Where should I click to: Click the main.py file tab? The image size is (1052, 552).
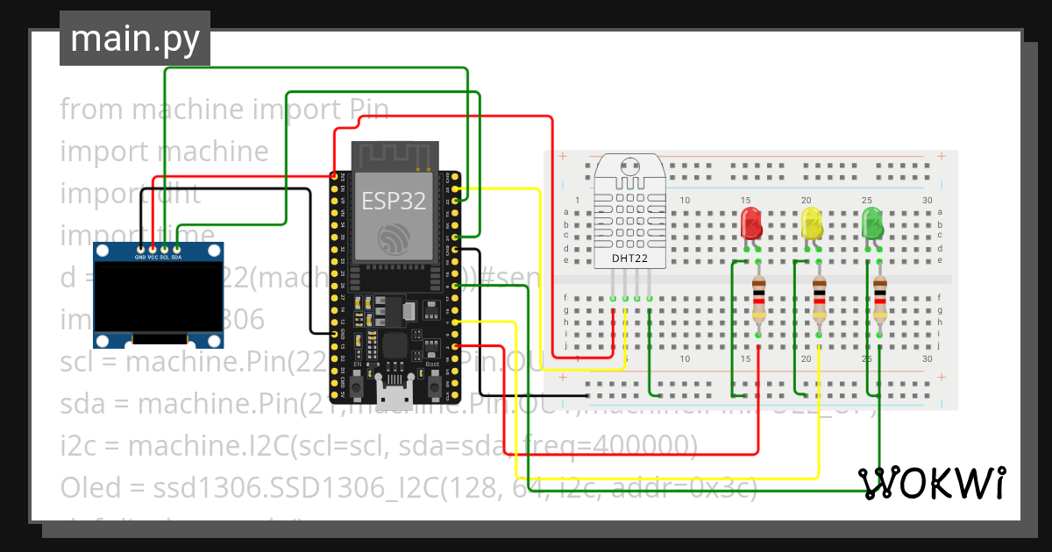(x=134, y=39)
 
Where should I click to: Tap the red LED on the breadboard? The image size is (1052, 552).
(x=751, y=223)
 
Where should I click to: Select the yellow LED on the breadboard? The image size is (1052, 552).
(x=812, y=223)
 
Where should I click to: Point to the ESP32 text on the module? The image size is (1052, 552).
(x=394, y=201)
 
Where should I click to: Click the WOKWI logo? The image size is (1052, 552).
(x=931, y=483)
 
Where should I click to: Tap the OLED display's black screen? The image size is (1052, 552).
(x=159, y=298)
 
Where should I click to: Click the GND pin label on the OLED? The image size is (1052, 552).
(x=140, y=258)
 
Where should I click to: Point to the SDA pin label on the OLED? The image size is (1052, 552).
(x=177, y=258)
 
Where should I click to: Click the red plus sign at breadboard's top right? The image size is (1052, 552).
(x=942, y=157)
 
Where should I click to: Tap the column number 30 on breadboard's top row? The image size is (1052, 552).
(x=927, y=201)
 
